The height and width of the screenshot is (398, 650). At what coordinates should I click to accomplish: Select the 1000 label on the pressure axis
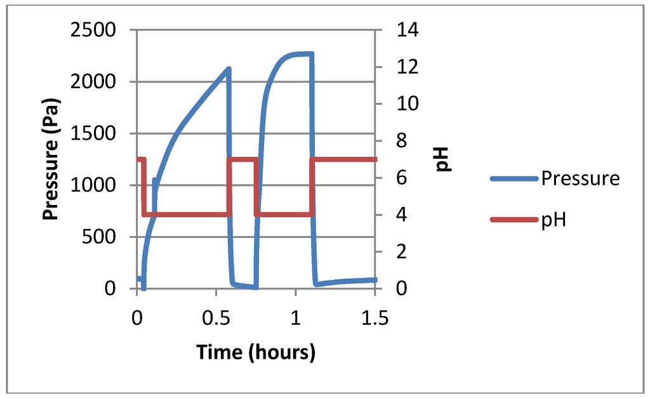click(96, 185)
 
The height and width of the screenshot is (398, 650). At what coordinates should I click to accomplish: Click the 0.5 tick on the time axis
click(216, 318)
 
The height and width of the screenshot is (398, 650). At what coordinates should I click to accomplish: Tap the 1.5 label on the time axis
click(375, 318)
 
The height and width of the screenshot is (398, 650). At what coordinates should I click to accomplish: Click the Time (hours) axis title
click(256, 352)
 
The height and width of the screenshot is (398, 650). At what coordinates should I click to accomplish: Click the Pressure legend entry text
click(580, 178)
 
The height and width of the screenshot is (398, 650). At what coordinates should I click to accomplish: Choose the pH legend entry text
click(554, 220)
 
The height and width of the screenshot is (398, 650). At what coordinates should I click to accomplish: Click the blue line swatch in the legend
click(514, 179)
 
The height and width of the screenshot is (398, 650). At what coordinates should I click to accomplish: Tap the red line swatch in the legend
click(514, 220)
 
